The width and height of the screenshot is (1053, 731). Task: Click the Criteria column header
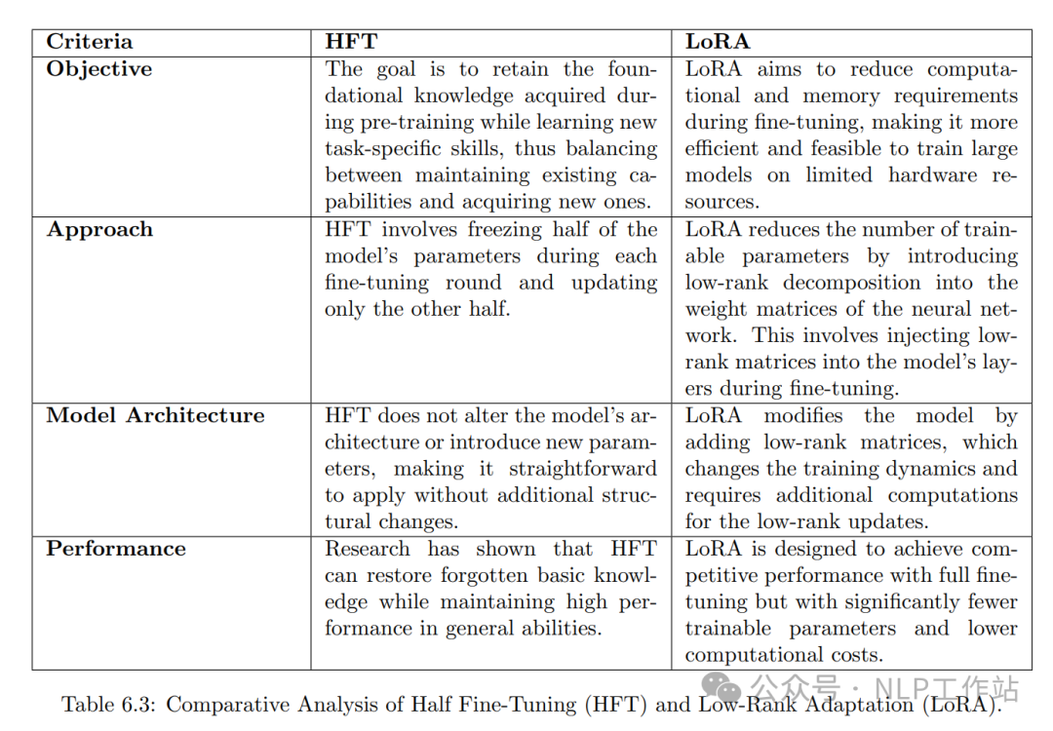click(89, 42)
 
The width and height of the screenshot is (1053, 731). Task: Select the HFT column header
click(351, 42)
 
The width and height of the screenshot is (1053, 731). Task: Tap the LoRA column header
click(717, 42)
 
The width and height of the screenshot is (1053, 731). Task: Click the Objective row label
click(99, 69)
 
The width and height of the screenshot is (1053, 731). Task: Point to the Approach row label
click(99, 230)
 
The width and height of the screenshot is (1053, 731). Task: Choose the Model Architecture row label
click(155, 415)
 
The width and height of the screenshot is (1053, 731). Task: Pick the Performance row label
click(115, 549)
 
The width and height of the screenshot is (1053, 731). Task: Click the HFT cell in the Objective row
click(491, 135)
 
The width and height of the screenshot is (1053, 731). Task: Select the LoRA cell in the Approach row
click(850, 309)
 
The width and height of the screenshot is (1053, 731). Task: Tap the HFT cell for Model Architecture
click(491, 469)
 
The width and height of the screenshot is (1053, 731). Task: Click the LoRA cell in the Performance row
click(850, 602)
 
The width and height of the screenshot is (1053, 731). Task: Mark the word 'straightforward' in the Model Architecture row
click(582, 469)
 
